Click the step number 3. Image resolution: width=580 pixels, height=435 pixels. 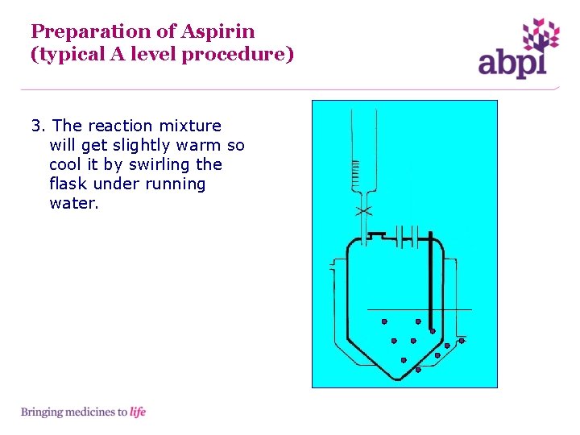click(x=37, y=126)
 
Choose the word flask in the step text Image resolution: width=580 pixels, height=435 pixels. click(x=68, y=184)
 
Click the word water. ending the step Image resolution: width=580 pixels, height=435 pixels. click(x=74, y=203)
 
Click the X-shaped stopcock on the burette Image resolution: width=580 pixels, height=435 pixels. click(x=363, y=211)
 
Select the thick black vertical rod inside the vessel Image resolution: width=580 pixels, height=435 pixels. click(x=431, y=282)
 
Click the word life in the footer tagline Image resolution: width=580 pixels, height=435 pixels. click(x=138, y=412)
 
